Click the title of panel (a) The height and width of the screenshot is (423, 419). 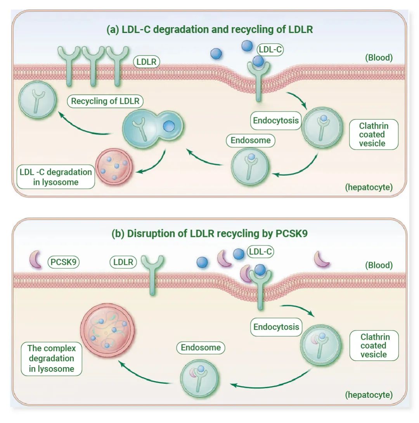tap(209, 30)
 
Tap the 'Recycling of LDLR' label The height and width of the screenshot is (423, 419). tap(105, 101)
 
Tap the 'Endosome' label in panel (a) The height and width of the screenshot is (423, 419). tap(250, 140)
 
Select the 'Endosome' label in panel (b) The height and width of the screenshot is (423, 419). tap(201, 348)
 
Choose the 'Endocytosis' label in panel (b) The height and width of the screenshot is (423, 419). tap(276, 327)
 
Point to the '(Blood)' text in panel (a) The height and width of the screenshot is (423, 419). tap(379, 58)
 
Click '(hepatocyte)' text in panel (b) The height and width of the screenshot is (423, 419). tap(369, 395)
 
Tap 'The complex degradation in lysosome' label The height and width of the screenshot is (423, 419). tap(52, 358)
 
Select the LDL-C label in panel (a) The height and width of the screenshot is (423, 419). tap(270, 49)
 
